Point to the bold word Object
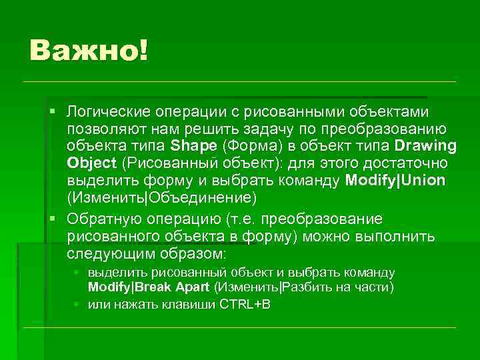[x=91, y=163]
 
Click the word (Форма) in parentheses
[x=249, y=146]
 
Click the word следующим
[x=108, y=255]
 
